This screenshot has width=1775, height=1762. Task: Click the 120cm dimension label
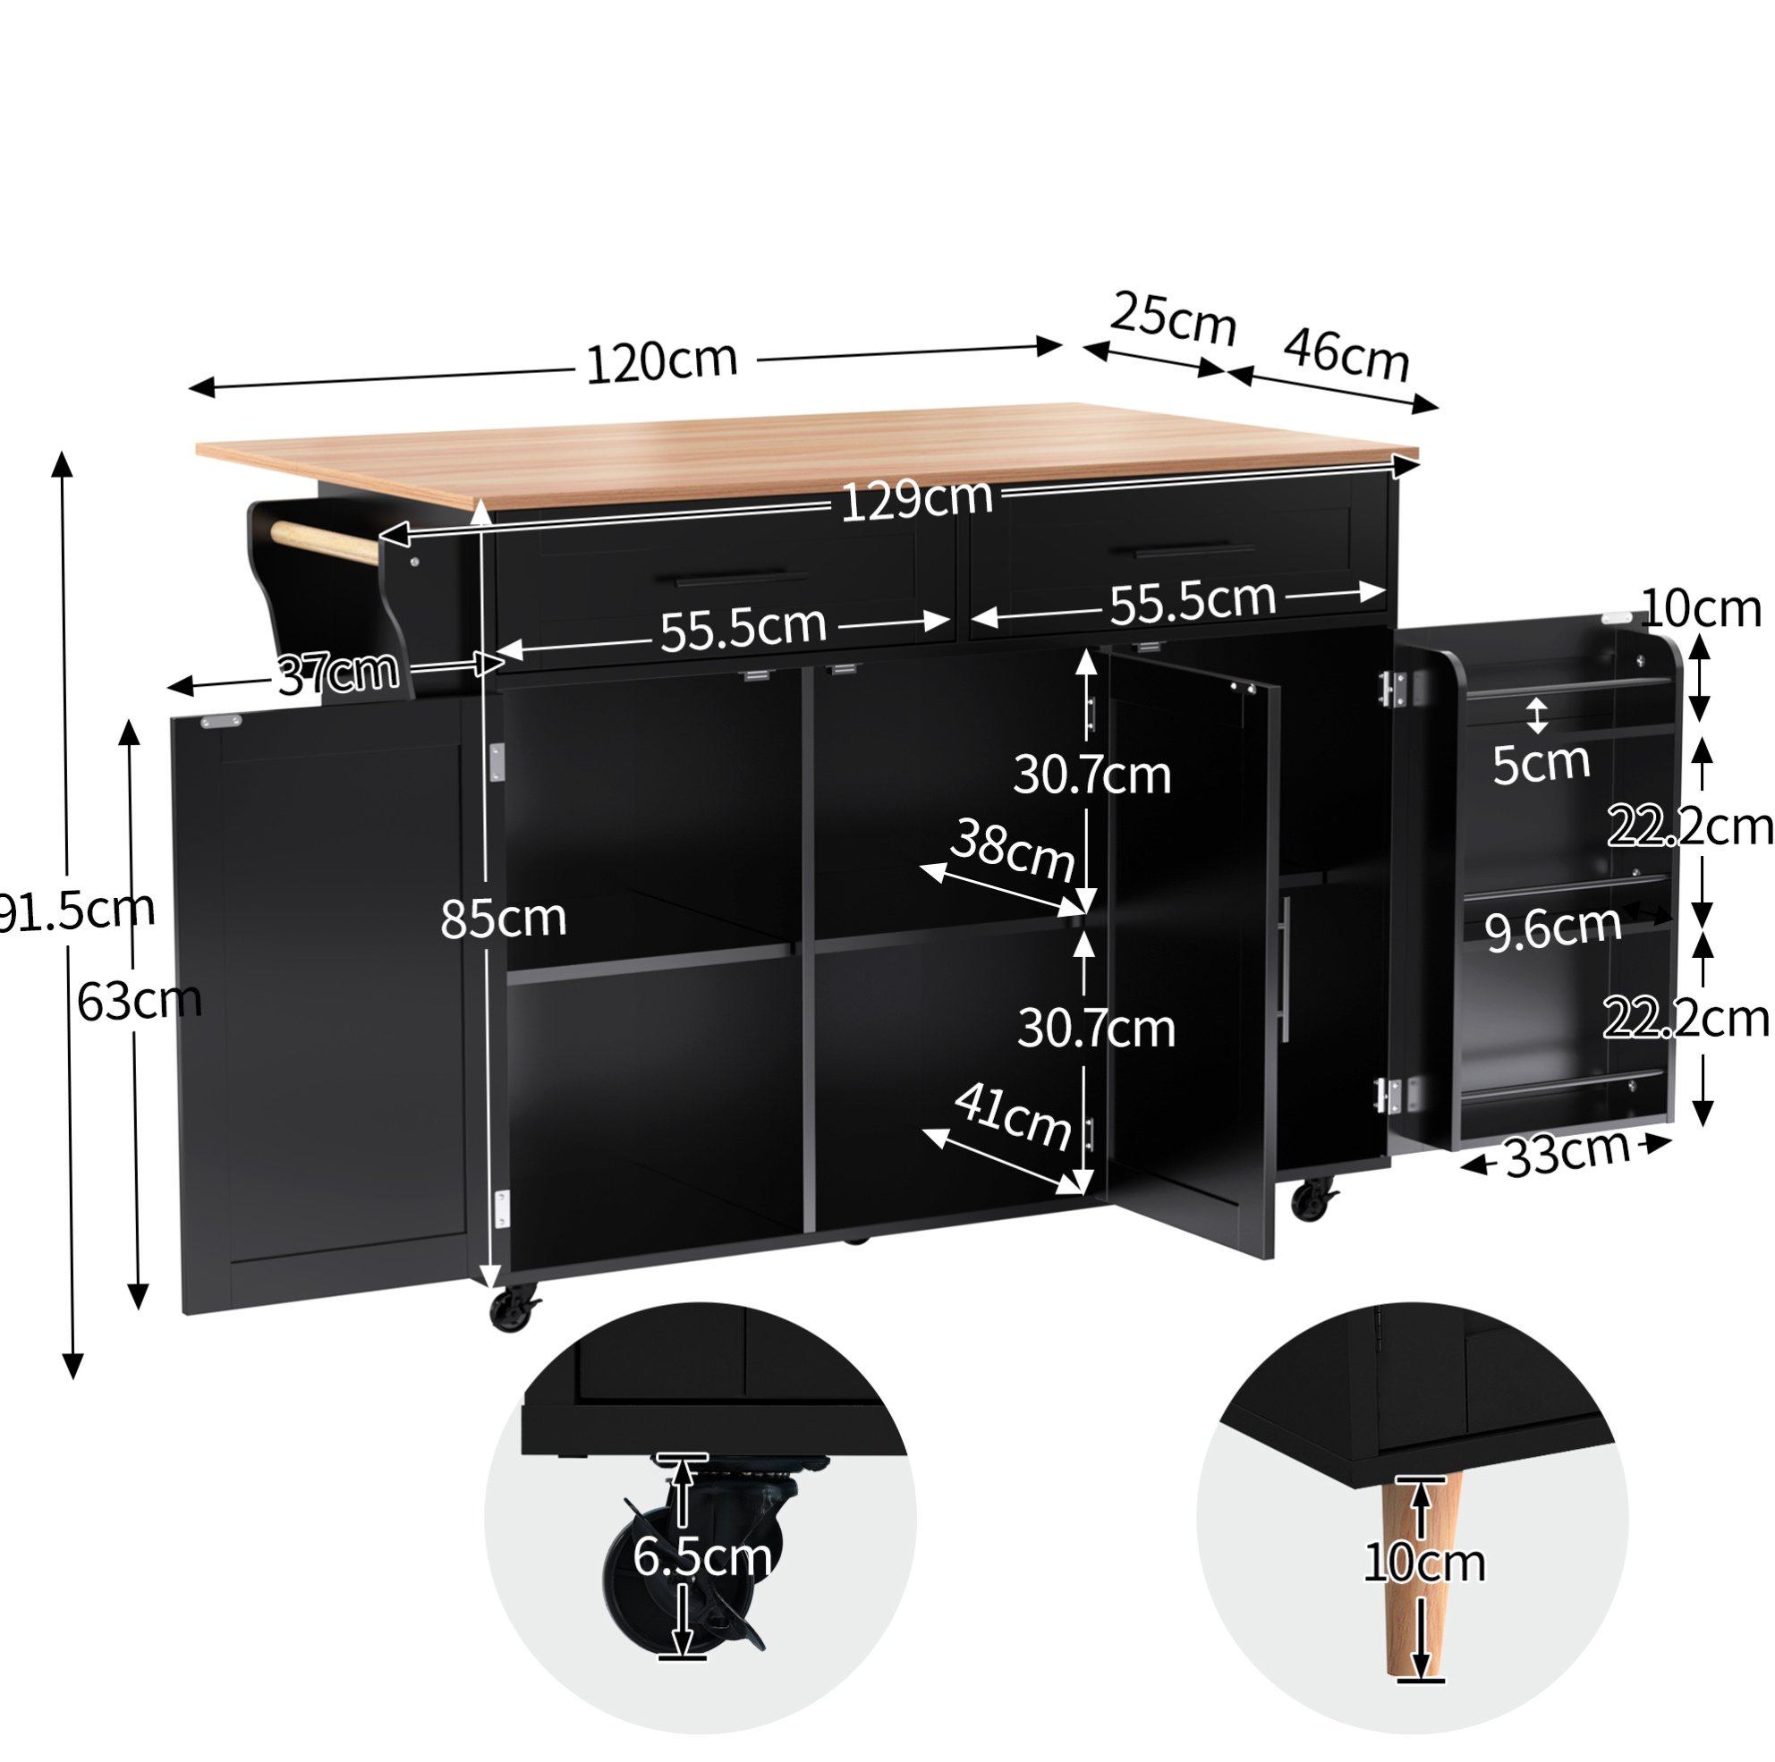(661, 362)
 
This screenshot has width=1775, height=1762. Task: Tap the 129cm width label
(917, 500)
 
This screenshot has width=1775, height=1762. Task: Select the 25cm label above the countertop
(1173, 318)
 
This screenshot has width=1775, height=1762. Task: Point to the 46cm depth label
(1346, 353)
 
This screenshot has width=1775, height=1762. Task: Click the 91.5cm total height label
(75, 911)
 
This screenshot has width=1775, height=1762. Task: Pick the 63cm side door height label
(139, 1001)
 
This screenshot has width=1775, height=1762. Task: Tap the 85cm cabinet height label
(504, 918)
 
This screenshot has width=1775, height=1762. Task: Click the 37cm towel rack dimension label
(338, 673)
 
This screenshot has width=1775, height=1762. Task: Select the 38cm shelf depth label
(1013, 850)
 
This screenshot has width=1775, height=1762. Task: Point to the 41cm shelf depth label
(1013, 1116)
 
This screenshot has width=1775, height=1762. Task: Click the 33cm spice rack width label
(1567, 1153)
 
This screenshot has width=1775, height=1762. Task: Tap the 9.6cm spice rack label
(1552, 927)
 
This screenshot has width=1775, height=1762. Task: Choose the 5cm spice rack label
(1541, 763)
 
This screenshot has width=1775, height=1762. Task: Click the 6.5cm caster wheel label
(702, 1557)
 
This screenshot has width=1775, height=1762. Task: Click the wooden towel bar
(325, 542)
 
